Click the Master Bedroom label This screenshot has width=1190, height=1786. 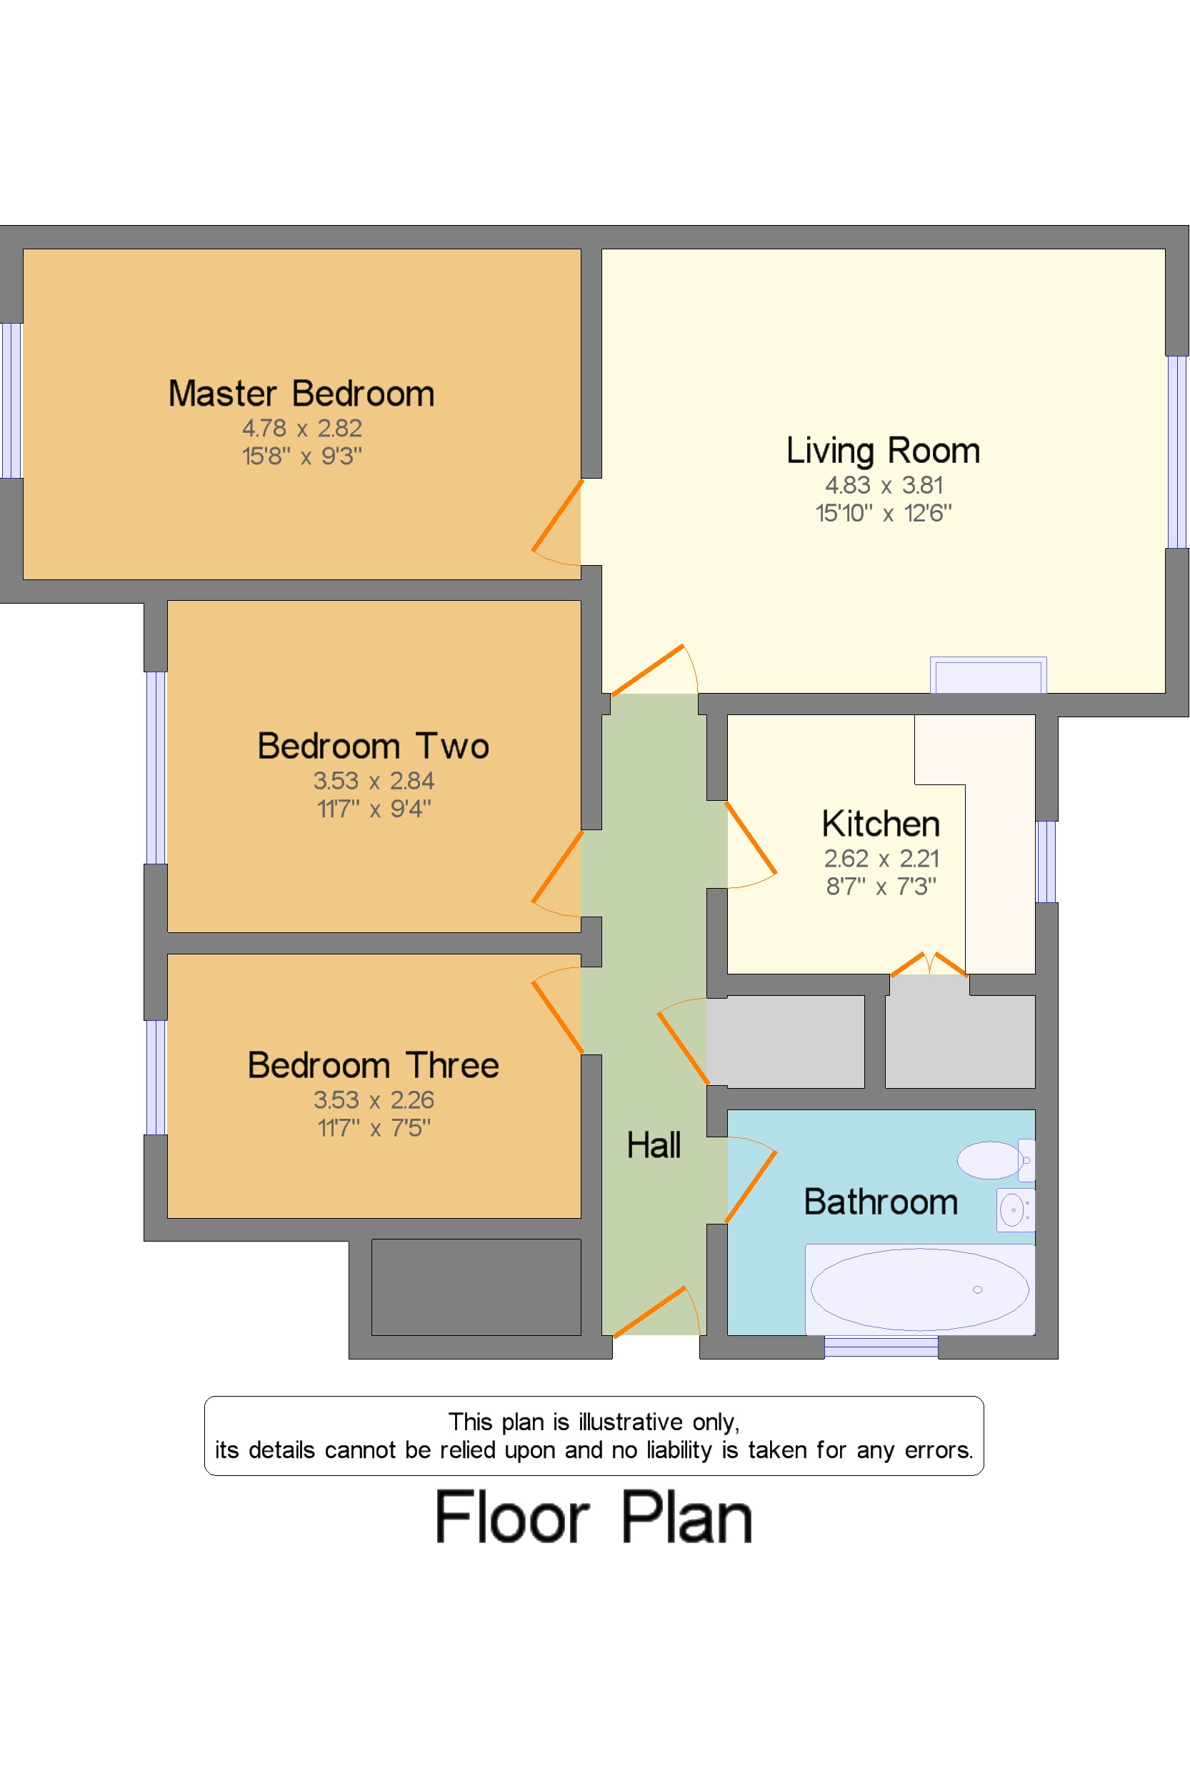(301, 394)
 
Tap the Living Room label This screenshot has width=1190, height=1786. (884, 451)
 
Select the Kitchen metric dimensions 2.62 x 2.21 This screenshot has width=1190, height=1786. (882, 859)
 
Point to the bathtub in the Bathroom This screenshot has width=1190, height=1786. (920, 1289)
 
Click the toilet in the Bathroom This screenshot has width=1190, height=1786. (996, 1159)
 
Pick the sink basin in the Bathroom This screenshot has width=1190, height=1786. (1016, 1210)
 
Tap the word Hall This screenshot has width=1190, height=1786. (654, 1144)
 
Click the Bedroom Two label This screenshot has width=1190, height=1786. (374, 746)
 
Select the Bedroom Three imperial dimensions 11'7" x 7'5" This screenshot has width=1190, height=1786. (374, 1128)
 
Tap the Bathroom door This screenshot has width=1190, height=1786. (751, 1187)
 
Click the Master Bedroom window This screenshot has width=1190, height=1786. (11, 401)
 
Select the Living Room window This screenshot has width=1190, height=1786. (1177, 452)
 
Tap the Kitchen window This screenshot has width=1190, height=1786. (1046, 862)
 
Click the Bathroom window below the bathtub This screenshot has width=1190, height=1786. (881, 1347)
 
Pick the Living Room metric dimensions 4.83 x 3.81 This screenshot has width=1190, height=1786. (884, 485)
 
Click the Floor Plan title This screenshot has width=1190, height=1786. (594, 1518)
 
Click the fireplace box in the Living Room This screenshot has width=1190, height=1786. (988, 675)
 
